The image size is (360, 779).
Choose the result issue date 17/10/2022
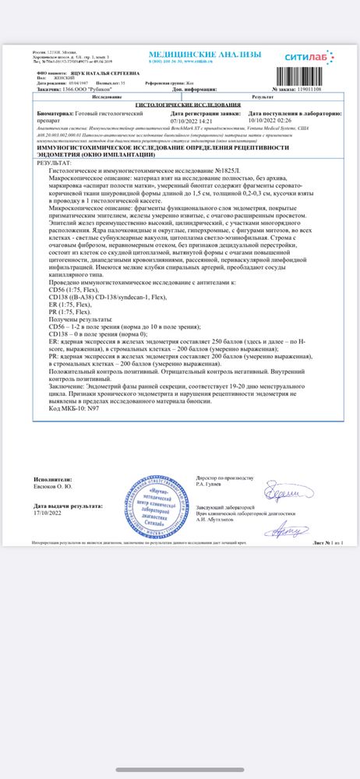(x=48, y=514)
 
